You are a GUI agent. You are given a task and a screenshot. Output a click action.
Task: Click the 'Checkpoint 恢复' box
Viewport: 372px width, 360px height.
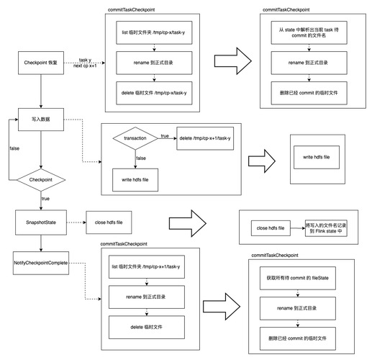pyautogui.click(x=41, y=63)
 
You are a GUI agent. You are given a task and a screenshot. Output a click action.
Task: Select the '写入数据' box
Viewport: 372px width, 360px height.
pyautogui.click(x=41, y=120)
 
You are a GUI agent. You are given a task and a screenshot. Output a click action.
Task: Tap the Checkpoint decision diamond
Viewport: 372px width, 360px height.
pyautogui.click(x=41, y=180)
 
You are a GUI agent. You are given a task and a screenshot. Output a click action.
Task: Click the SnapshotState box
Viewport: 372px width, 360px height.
pyautogui.click(x=41, y=222)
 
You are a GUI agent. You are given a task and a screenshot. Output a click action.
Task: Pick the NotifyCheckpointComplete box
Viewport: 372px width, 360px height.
pyautogui.click(x=41, y=263)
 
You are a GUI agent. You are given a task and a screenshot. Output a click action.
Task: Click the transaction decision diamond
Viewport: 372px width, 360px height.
pyautogui.click(x=135, y=138)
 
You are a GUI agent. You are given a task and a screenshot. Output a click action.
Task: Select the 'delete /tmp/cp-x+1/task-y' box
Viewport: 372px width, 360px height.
pyautogui.click(x=205, y=138)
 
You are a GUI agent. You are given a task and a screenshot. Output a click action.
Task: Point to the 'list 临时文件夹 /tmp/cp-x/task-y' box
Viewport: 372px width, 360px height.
pyautogui.click(x=154, y=32)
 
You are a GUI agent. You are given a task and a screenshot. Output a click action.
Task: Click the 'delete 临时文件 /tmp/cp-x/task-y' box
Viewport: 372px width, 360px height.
pyautogui.click(x=154, y=93)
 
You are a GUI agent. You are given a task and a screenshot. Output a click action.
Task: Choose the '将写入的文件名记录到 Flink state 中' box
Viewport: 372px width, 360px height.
pyautogui.click(x=326, y=228)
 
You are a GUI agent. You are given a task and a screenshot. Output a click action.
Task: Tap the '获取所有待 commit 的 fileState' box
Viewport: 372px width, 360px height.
pyautogui.click(x=298, y=278)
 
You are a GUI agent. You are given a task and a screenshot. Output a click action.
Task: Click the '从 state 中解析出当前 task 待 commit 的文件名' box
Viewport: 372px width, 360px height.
pyautogui.click(x=309, y=32)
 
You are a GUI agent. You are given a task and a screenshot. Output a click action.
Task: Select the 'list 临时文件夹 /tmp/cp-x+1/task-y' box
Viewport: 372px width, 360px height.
pyautogui.click(x=147, y=266)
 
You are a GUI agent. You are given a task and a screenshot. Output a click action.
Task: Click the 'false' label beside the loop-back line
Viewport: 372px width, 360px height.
pyautogui.click(x=14, y=148)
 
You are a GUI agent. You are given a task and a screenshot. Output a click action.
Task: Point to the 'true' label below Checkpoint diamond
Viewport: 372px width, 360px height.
pyautogui.click(x=45, y=199)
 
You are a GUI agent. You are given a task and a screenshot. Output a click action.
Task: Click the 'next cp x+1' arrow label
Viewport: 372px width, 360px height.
pyautogui.click(x=85, y=66)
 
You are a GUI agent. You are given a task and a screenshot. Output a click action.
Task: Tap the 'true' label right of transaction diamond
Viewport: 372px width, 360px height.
pyautogui.click(x=165, y=136)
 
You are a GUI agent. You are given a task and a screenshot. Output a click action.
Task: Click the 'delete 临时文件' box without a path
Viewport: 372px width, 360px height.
pyautogui.click(x=147, y=327)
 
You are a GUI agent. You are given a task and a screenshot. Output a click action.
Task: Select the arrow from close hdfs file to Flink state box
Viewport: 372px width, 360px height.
pyautogui.click(x=298, y=228)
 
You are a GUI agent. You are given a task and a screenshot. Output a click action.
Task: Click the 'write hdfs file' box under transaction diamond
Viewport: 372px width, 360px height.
pyautogui.click(x=135, y=180)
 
